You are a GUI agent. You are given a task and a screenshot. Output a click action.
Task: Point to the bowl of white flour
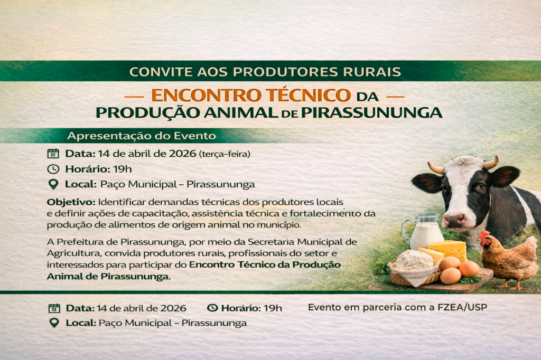[x=414, y=261]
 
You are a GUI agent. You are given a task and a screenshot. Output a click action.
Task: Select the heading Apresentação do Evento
[x=141, y=136]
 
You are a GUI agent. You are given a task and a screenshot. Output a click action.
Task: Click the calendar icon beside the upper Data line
[x=53, y=154]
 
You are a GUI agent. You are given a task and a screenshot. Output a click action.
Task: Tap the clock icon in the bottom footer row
[x=212, y=308]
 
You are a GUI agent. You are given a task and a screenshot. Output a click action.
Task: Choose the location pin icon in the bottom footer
[x=53, y=323]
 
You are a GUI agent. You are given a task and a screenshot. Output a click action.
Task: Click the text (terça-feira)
[x=224, y=154]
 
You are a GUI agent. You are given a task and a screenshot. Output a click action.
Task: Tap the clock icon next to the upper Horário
[x=53, y=169]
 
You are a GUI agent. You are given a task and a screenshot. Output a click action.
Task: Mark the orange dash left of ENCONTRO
[x=136, y=97]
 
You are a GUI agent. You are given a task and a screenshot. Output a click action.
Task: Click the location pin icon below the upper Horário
[x=53, y=184]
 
